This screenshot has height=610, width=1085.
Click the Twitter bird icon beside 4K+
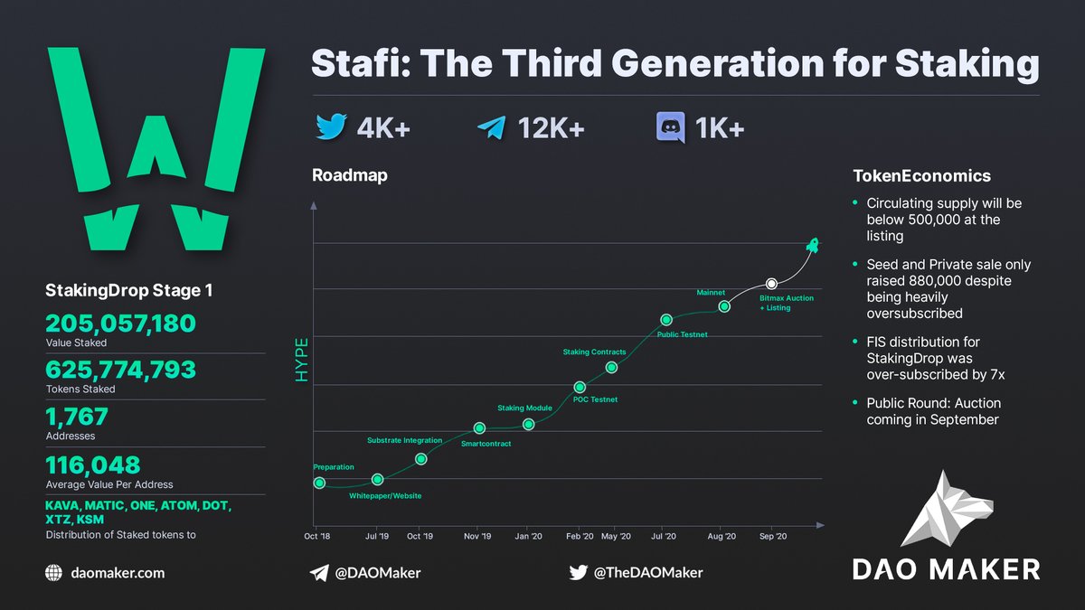331,128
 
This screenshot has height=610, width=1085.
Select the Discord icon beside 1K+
670,128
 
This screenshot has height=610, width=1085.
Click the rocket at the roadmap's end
812,245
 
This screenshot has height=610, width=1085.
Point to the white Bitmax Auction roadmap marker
771,285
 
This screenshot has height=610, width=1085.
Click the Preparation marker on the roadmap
319,483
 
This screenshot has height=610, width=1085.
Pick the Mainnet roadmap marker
724,306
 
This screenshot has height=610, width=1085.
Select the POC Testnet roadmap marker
580,387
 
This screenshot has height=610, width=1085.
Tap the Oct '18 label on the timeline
316,536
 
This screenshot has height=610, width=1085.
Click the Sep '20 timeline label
771,536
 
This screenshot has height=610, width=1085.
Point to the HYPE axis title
302,360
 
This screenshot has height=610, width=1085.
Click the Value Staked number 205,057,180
120,324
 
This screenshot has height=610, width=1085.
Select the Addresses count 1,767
77,417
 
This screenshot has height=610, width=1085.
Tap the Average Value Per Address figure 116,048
93,465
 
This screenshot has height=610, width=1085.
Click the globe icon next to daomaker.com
53,572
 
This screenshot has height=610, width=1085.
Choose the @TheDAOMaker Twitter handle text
647,572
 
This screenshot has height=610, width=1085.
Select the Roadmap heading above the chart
349,175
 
